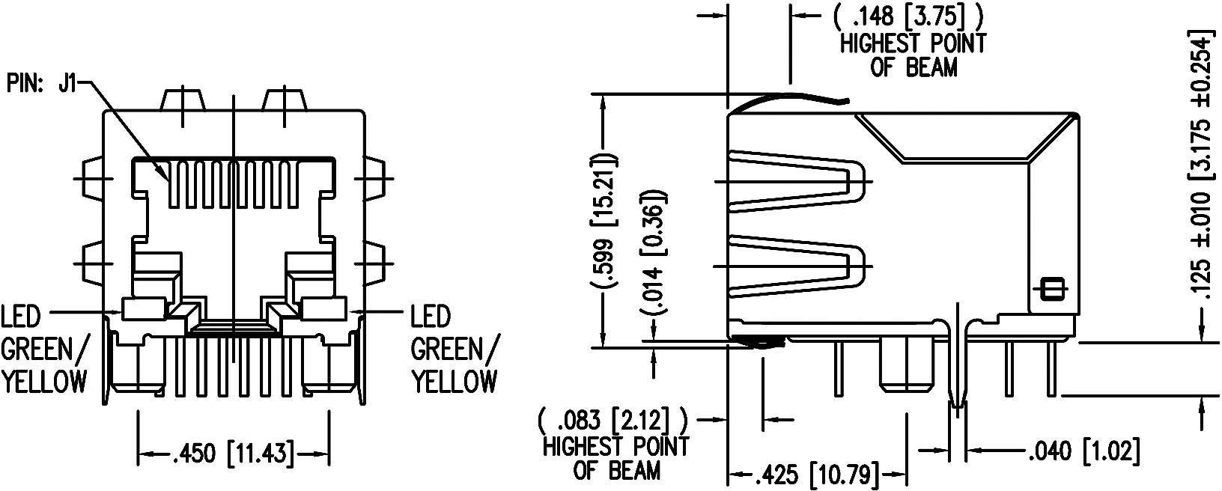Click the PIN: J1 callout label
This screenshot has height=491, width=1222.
pos(41,82)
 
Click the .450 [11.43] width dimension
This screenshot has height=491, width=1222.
pos(233,453)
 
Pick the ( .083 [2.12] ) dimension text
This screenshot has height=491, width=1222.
pos(616,416)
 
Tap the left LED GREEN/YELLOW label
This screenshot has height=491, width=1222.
pos(45,350)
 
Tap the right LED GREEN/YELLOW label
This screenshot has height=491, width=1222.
pos(453,350)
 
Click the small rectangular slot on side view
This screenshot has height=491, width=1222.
pos(1051,289)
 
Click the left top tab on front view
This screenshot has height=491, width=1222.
pos(183,100)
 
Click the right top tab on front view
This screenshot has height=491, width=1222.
pos(284,100)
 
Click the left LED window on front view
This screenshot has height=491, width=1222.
pos(144,307)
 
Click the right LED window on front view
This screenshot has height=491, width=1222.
pos(325,307)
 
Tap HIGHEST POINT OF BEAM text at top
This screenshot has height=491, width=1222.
pos(913,55)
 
